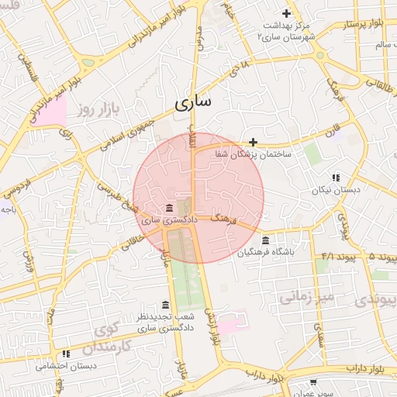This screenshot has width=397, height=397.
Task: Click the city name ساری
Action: pyautogui.click(x=193, y=102)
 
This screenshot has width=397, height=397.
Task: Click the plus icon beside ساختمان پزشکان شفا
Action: pyautogui.click(x=254, y=141)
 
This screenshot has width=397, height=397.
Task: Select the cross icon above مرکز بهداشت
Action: pyautogui.click(x=287, y=13)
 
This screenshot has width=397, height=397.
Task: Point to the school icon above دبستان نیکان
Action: pyautogui.click(x=336, y=178)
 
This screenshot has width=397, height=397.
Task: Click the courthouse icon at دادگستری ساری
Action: pyautogui.click(x=170, y=208)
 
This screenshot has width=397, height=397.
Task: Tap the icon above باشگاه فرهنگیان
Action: pyautogui.click(x=266, y=240)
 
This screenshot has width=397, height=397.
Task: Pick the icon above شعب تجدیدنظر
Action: pyautogui.click(x=165, y=305)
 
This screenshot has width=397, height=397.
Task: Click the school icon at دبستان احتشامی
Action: pyautogui.click(x=67, y=354)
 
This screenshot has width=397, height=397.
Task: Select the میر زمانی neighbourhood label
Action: pyautogui.click(x=306, y=295)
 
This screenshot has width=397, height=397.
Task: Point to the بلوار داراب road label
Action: pyautogui.click(x=361, y=366)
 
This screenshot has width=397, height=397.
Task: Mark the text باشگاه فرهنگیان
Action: pyautogui.click(x=266, y=252)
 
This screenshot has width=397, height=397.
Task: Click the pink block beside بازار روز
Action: pyautogui.click(x=53, y=112)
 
